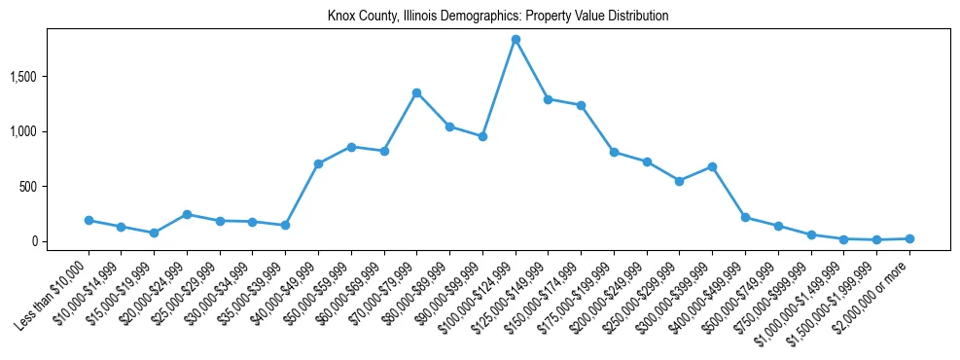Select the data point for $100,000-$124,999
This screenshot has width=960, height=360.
click(516, 40)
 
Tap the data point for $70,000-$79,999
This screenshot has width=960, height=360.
click(416, 92)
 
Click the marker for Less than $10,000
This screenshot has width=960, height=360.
click(89, 221)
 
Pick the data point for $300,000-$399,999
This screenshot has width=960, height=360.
click(712, 166)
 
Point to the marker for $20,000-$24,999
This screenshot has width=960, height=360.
click(187, 214)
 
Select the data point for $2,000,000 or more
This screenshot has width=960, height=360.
click(909, 238)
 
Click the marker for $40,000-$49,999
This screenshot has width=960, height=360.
click(318, 163)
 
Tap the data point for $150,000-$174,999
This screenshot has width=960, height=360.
click(581, 105)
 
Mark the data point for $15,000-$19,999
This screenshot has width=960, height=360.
click(154, 234)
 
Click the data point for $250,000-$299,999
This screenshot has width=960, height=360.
click(679, 181)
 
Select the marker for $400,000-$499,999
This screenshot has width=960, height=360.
click(745, 218)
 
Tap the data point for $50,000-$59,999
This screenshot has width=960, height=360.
click(351, 147)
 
